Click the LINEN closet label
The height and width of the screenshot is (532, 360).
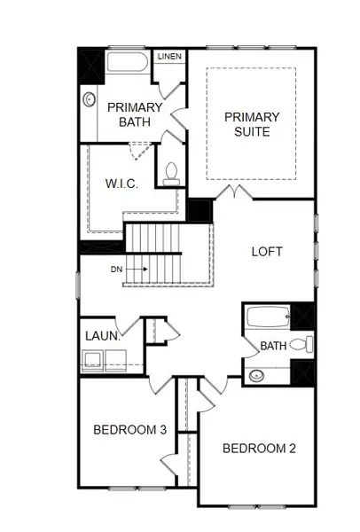click(x=169, y=57)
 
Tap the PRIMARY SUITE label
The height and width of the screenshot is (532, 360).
click(x=252, y=124)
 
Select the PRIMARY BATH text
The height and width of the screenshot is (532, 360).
click(x=135, y=115)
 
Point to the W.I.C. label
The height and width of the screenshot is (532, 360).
click(x=120, y=184)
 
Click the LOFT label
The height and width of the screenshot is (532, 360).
click(x=267, y=251)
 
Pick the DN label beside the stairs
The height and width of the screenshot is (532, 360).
click(x=116, y=268)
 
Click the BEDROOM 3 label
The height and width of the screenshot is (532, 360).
click(x=130, y=430)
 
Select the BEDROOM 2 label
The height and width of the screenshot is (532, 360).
click(x=259, y=448)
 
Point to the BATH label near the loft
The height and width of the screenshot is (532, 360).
click(x=273, y=345)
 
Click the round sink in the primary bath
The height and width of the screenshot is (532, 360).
click(x=90, y=101)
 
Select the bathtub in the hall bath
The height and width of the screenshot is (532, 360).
click(x=267, y=317)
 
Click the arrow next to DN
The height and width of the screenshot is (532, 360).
click(x=137, y=268)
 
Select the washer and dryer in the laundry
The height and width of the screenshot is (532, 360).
click(x=104, y=359)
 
